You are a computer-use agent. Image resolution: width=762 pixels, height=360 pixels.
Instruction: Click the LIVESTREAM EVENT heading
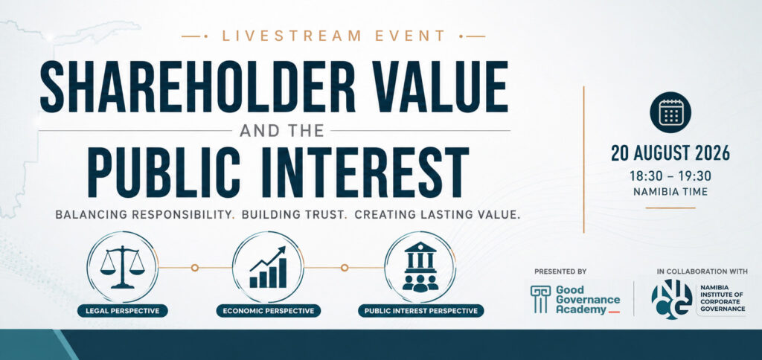(334, 36)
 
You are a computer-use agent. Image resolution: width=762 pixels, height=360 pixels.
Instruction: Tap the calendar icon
(670, 112)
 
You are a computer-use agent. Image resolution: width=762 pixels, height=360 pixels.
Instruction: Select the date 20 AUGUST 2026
(670, 153)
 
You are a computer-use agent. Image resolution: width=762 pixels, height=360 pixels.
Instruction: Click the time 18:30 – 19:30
(670, 176)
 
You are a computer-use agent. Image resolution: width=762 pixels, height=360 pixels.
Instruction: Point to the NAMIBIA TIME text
(670, 192)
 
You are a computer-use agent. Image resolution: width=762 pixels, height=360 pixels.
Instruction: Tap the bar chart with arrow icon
(268, 267)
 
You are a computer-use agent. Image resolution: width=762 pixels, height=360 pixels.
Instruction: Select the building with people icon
(420, 267)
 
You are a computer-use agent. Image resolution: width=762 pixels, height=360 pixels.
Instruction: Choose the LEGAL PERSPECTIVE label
(123, 311)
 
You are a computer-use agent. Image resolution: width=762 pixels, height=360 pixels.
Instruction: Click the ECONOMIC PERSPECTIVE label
(268, 311)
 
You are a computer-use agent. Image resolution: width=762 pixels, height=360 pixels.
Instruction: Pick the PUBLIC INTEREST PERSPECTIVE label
(421, 311)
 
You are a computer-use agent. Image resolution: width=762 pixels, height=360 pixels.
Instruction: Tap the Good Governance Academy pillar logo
(540, 299)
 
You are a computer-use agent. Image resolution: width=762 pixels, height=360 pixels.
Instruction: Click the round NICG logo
(672, 299)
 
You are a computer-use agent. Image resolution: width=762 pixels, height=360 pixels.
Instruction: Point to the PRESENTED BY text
(560, 271)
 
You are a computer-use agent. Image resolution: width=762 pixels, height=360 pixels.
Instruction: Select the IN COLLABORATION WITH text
(702, 271)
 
